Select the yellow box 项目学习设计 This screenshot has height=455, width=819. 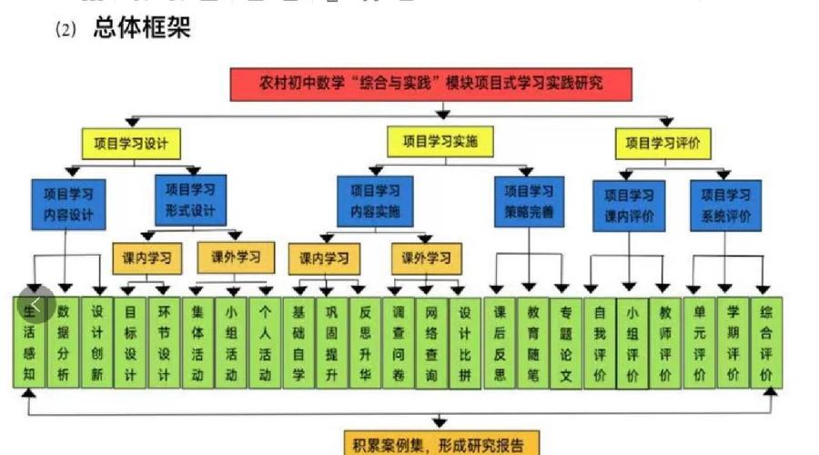[131, 143]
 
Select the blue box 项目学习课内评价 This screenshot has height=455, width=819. [629, 206]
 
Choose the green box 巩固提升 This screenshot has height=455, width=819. [330, 341]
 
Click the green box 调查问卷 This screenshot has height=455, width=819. [398, 341]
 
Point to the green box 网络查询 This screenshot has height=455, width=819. [431, 341]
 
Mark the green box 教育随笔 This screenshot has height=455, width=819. [533, 341]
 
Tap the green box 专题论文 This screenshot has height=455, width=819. [567, 341]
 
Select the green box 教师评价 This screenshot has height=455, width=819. [666, 341]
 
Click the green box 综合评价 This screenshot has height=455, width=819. [766, 341]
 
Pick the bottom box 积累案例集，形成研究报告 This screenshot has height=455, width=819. [440, 445]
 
